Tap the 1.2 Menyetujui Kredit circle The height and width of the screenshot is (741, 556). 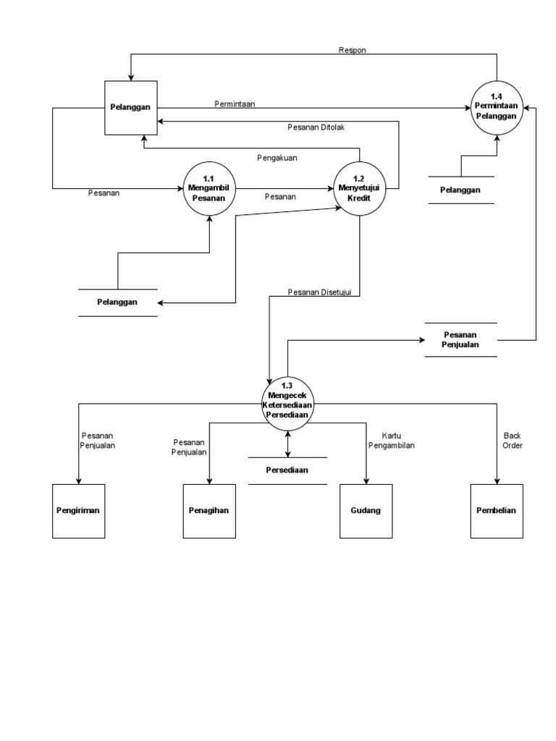tap(360, 188)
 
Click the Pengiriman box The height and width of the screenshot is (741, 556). tap(79, 511)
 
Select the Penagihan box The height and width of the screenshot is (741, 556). tap(209, 511)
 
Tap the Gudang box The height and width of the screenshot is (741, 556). tap(366, 511)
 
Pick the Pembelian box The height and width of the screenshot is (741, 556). tap(497, 511)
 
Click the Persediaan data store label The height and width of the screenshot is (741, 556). tap(287, 470)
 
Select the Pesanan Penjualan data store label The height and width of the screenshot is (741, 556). tap(460, 340)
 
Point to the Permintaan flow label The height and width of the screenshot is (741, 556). tap(235, 104)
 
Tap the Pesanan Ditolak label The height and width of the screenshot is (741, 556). tap(316, 128)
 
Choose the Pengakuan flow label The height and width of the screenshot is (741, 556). tap(277, 157)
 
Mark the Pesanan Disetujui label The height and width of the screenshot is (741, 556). tap(319, 292)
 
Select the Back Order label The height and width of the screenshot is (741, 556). tap(513, 441)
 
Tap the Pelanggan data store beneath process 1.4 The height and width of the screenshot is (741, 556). tap(460, 190)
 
